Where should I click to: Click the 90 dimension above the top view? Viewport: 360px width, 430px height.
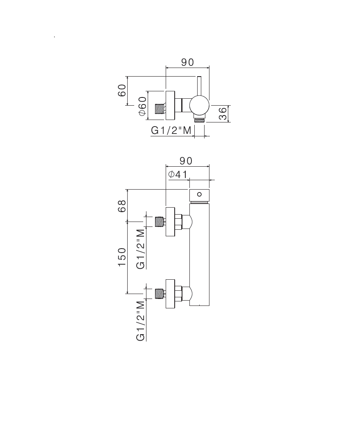pyautogui.click(x=187, y=63)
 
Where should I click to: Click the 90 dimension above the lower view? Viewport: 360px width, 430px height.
pyautogui.click(x=186, y=161)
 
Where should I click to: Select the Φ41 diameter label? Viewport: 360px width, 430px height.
pyautogui.click(x=178, y=174)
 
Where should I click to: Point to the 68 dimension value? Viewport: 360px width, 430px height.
pyautogui.click(x=122, y=206)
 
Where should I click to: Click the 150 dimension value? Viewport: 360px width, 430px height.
pyautogui.click(x=122, y=257)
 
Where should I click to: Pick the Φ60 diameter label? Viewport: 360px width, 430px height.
pyautogui.click(x=142, y=106)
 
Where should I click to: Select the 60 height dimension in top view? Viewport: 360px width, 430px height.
pyautogui.click(x=122, y=91)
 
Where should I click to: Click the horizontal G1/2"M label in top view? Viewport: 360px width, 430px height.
pyautogui.click(x=171, y=131)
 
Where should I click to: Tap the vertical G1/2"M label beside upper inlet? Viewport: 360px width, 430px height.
pyautogui.click(x=141, y=249)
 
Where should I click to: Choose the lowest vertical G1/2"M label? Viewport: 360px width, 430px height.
pyautogui.click(x=141, y=321)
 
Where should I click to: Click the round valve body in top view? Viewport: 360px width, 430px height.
pyautogui.click(x=200, y=105)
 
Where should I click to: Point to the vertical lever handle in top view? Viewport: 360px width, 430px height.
pyautogui.click(x=199, y=86)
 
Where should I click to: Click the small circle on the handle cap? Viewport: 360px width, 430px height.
pyautogui.click(x=200, y=195)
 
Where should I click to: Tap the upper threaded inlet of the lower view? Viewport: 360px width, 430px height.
pyautogui.click(x=160, y=222)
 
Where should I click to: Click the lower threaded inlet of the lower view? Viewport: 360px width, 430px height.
pyautogui.click(x=160, y=294)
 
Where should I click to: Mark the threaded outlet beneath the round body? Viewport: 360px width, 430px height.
pyautogui.click(x=200, y=120)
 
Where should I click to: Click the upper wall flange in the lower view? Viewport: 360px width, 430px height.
pyautogui.click(x=170, y=222)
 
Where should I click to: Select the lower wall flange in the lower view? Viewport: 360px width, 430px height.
pyautogui.click(x=170, y=294)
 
